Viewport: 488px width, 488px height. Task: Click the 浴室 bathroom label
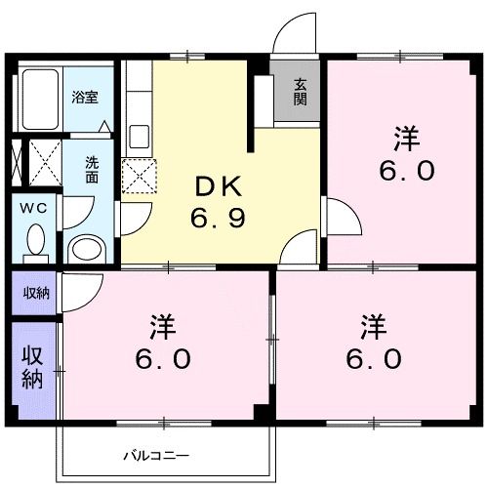click(x=85, y=98)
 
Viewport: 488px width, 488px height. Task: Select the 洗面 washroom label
click(x=91, y=171)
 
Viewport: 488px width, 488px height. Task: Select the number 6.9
click(x=216, y=216)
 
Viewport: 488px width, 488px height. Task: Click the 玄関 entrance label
click(x=299, y=92)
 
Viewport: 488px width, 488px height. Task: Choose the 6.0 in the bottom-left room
click(x=162, y=358)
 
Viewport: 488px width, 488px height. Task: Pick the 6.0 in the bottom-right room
click(x=373, y=358)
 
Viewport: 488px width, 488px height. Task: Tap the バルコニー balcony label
click(x=156, y=455)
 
